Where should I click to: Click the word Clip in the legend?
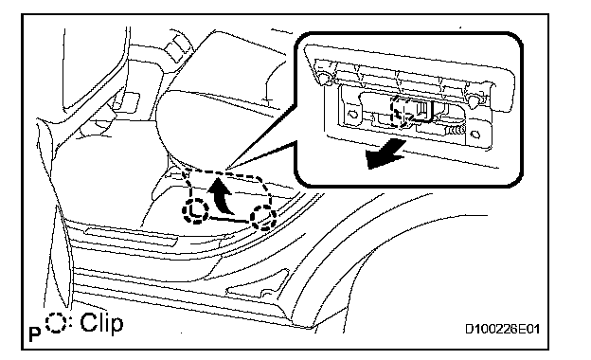pos(101,323)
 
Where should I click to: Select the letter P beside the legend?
pos(35,334)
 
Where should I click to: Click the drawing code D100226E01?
pos(502,329)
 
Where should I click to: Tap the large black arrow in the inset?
pos(385,154)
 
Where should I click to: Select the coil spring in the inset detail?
pos(456,131)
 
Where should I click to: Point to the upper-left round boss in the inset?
pos(323,77)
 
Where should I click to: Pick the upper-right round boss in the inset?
pos(474,99)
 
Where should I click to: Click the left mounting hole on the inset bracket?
pos(352,114)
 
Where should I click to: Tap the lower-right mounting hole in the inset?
pos(475,134)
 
